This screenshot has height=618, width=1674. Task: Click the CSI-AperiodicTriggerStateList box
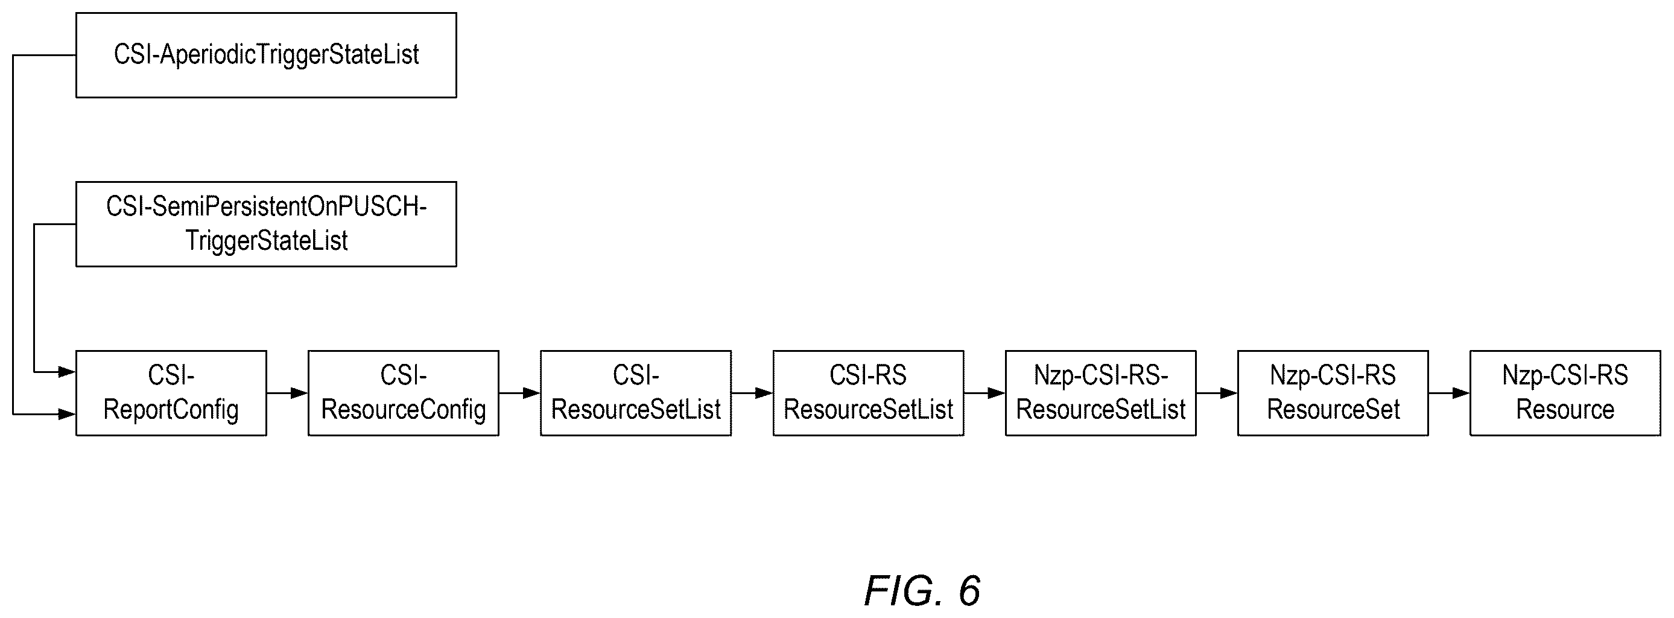tap(267, 56)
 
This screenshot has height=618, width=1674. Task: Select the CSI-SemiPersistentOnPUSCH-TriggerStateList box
tap(267, 224)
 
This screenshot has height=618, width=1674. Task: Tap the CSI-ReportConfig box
tap(171, 393)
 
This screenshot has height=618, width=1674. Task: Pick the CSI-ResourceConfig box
tap(404, 393)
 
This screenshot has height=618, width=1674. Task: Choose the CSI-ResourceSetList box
tap(636, 393)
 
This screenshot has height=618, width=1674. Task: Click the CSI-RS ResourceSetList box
tap(868, 393)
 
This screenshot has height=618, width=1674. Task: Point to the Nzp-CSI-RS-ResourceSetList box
tap(1101, 393)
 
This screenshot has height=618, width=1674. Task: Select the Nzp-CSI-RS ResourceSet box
tap(1333, 393)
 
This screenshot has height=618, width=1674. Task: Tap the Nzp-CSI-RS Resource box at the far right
tap(1565, 393)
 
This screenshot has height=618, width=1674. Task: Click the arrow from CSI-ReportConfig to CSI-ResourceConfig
tap(287, 393)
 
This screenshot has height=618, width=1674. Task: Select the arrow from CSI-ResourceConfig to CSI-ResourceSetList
tap(520, 393)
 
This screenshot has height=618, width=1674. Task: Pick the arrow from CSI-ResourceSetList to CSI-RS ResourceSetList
tap(752, 393)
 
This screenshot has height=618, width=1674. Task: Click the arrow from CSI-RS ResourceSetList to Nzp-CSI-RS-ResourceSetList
tap(984, 393)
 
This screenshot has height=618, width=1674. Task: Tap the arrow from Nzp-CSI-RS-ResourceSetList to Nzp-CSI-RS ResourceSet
tap(1217, 393)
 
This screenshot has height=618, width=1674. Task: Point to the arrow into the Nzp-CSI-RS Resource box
tap(1449, 393)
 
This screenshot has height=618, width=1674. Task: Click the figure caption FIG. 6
tap(922, 591)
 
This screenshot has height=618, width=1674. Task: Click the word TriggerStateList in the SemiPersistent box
tap(267, 241)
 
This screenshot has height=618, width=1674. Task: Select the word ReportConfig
tap(171, 410)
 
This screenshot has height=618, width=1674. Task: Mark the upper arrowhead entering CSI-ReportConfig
tap(68, 372)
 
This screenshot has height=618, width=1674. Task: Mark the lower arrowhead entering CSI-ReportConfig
tap(68, 414)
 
